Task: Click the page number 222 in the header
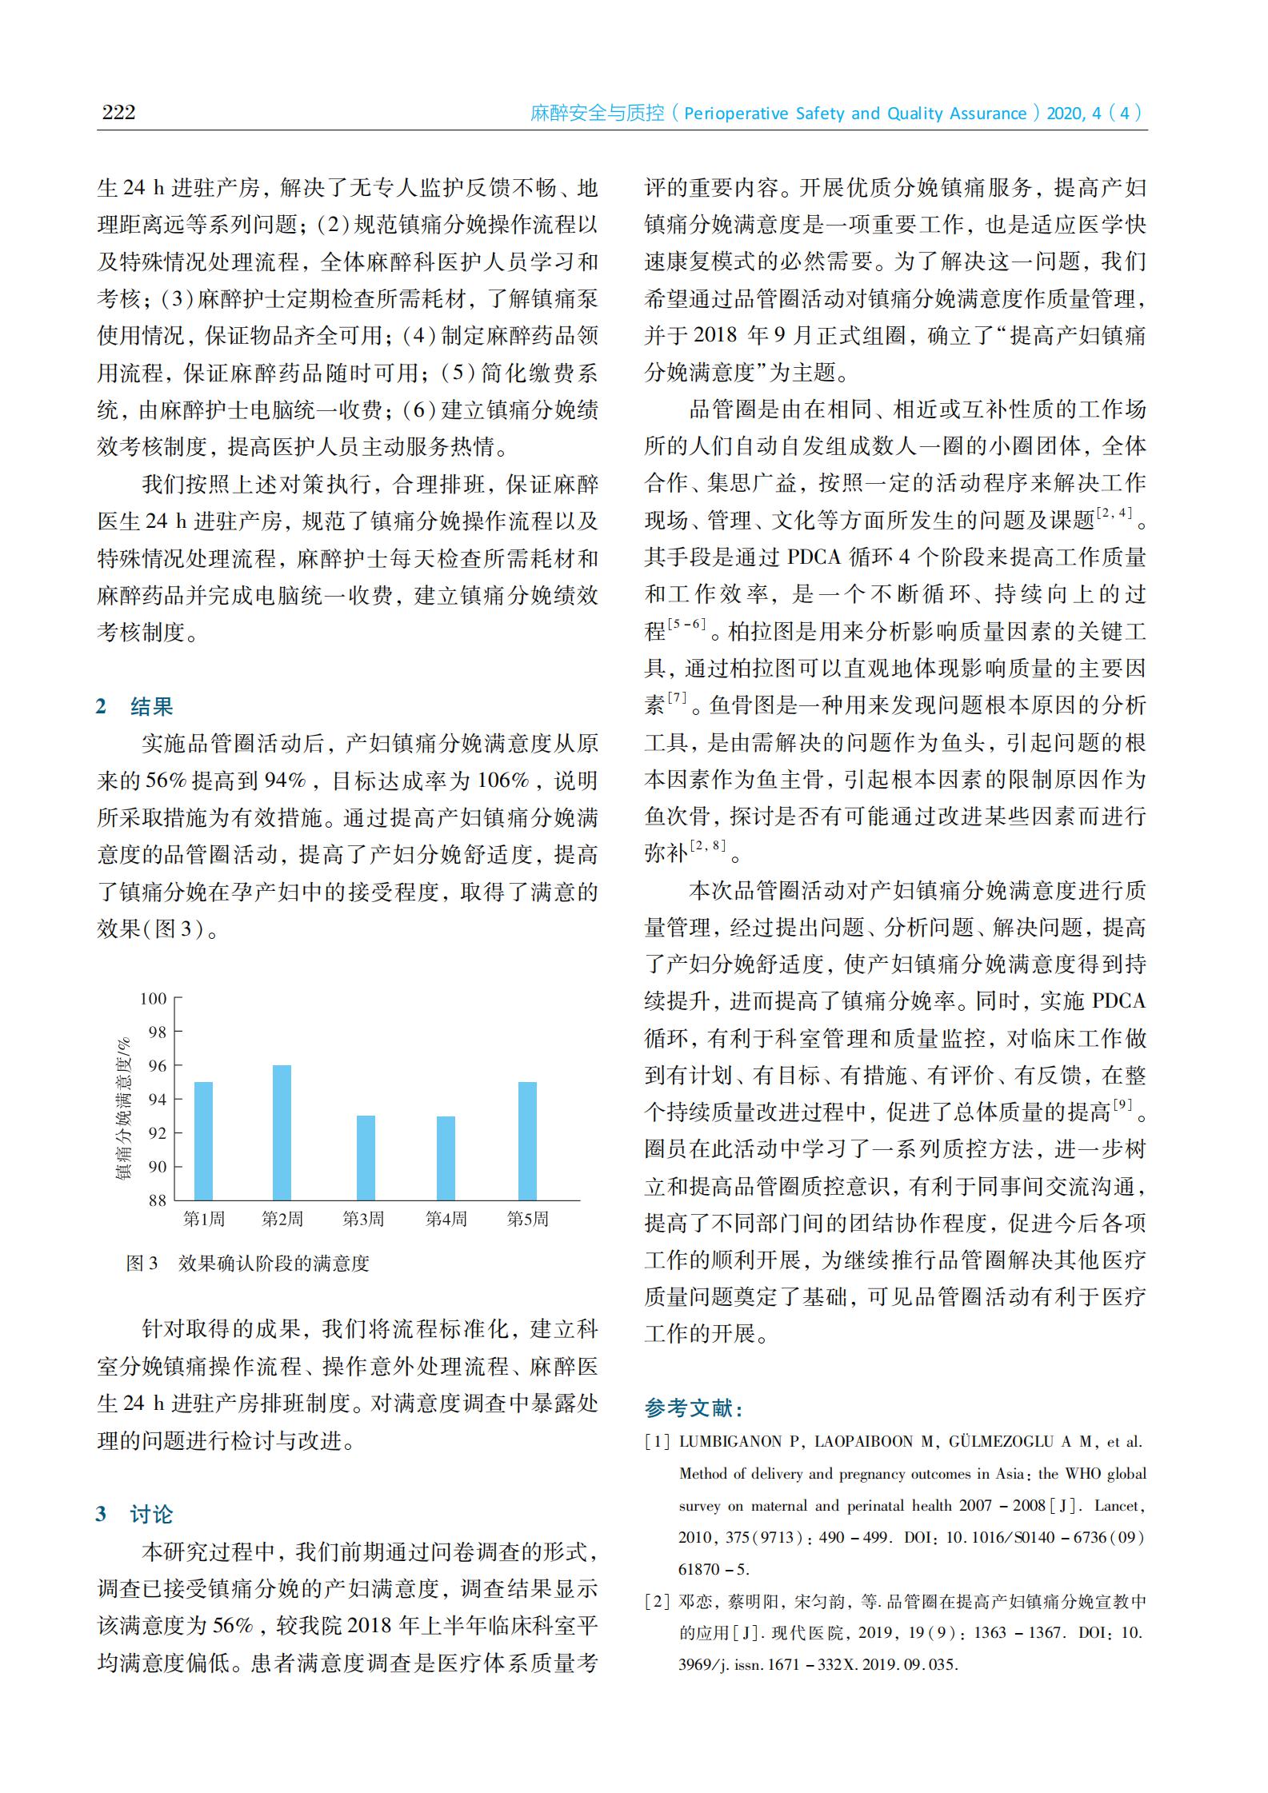118,112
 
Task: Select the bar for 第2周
282,1132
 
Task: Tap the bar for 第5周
527,1140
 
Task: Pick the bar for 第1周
203,1140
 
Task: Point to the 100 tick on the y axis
153,999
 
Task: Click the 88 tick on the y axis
157,1200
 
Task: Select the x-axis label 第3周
363,1220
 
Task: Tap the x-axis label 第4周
446,1220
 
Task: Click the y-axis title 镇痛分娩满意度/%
123,1108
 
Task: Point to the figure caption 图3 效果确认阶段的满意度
248,1264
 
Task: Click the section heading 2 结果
134,706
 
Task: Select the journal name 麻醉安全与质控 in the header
597,114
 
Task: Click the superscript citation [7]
677,698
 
